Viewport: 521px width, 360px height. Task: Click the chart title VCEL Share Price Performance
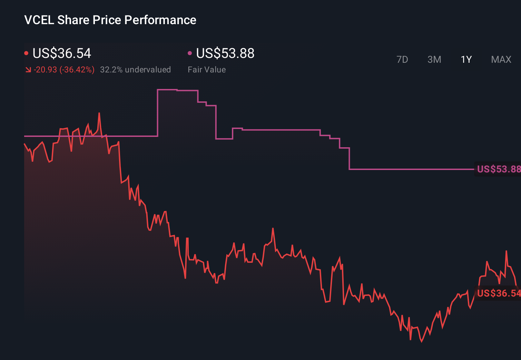pyautogui.click(x=110, y=20)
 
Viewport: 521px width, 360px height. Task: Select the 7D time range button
pyautogui.click(x=402, y=60)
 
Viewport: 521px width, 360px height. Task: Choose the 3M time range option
pyautogui.click(x=434, y=60)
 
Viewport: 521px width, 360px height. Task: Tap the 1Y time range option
pyautogui.click(x=466, y=60)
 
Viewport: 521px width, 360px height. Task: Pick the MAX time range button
pyautogui.click(x=501, y=60)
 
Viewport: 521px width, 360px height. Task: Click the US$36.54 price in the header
pyautogui.click(x=62, y=53)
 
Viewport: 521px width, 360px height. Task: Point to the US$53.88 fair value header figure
pyautogui.click(x=225, y=53)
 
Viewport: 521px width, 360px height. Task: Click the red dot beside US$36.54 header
pyautogui.click(x=26, y=53)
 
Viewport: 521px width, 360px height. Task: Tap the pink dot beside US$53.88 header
pyautogui.click(x=190, y=53)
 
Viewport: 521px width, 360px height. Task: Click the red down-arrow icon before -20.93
pyautogui.click(x=28, y=70)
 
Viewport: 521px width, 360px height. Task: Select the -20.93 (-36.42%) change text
pyautogui.click(x=64, y=70)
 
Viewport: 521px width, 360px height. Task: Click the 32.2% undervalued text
pyautogui.click(x=135, y=70)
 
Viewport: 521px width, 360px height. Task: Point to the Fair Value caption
pyautogui.click(x=207, y=70)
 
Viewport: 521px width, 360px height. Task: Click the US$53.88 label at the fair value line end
pyautogui.click(x=498, y=169)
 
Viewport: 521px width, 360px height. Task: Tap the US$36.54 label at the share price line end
pyautogui.click(x=498, y=293)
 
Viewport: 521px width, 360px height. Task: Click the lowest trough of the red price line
pyautogui.click(x=422, y=341)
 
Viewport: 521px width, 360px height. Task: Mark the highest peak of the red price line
pyautogui.click(x=99, y=113)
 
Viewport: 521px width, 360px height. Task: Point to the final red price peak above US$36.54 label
pyautogui.click(x=506, y=251)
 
